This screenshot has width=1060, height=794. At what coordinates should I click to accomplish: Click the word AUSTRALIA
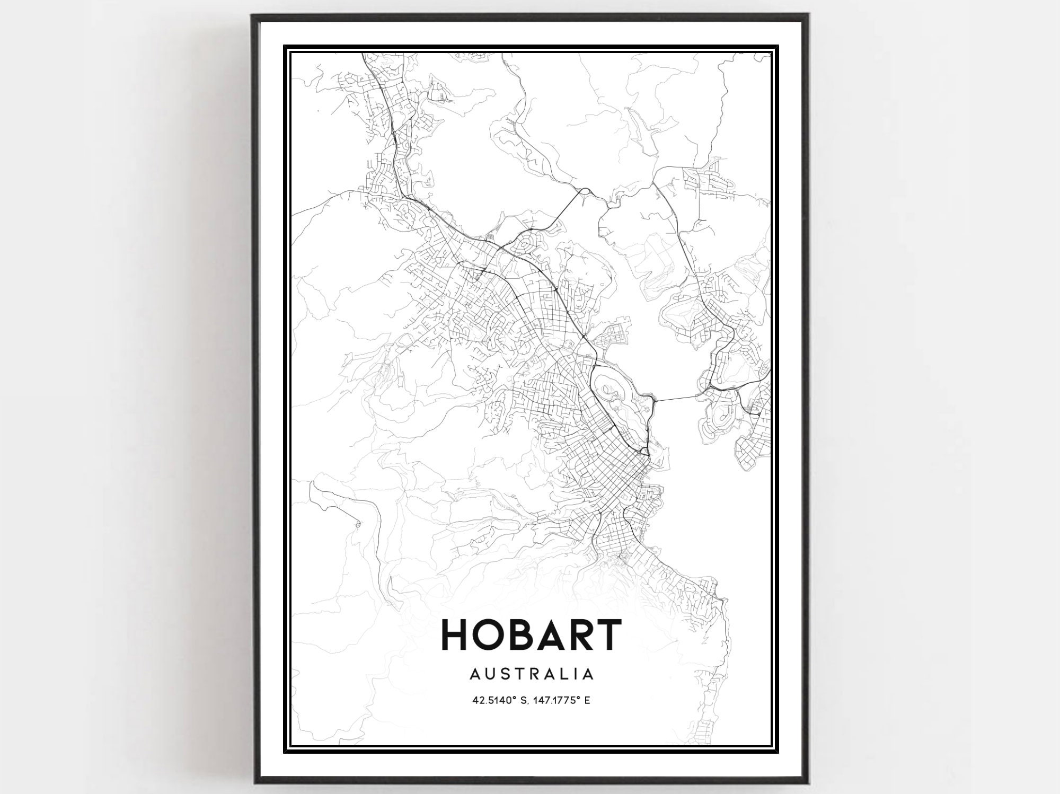(x=531, y=674)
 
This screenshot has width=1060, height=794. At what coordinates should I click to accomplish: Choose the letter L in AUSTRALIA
(x=559, y=674)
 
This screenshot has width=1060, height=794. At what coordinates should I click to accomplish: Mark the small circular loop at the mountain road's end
(x=358, y=525)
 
